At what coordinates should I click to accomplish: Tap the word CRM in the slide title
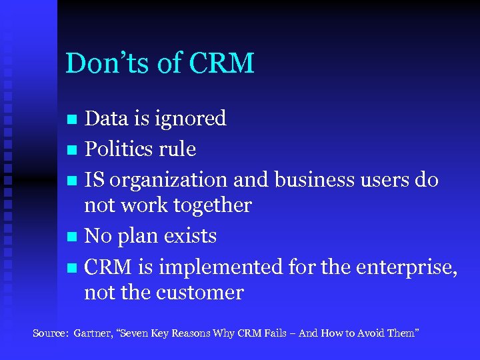pos(222,63)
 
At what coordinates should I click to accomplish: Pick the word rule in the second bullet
pos(178,149)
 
